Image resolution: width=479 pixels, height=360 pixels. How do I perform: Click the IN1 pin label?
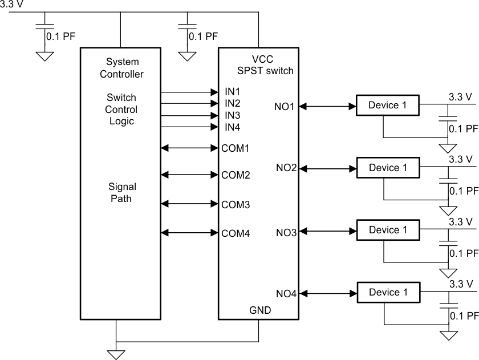pyautogui.click(x=233, y=92)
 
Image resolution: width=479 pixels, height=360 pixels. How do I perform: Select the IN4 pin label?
pyautogui.click(x=233, y=127)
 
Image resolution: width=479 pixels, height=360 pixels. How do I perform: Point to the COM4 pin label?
pyautogui.click(x=236, y=233)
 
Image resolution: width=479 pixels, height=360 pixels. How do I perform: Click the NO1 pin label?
pyautogui.click(x=286, y=106)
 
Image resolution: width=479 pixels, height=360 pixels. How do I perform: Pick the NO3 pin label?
pyautogui.click(x=286, y=232)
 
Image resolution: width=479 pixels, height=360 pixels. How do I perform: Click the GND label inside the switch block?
pyautogui.click(x=260, y=311)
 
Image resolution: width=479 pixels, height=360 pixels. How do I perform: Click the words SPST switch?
pyautogui.click(x=265, y=71)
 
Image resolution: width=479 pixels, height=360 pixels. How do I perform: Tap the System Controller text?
pyautogui.click(x=121, y=67)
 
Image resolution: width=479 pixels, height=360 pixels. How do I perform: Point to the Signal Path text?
pyautogui.click(x=121, y=193)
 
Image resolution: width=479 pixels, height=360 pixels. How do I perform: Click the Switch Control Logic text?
pyautogui.click(x=121, y=110)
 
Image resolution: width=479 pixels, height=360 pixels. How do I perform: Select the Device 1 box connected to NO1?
pyautogui.click(x=388, y=106)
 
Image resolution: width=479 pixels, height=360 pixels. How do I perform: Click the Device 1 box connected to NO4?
pyautogui.click(x=388, y=293)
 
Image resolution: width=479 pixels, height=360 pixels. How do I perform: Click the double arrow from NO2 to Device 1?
pyautogui.click(x=327, y=168)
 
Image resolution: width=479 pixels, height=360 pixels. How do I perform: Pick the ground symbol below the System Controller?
pyautogui.click(x=116, y=354)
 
